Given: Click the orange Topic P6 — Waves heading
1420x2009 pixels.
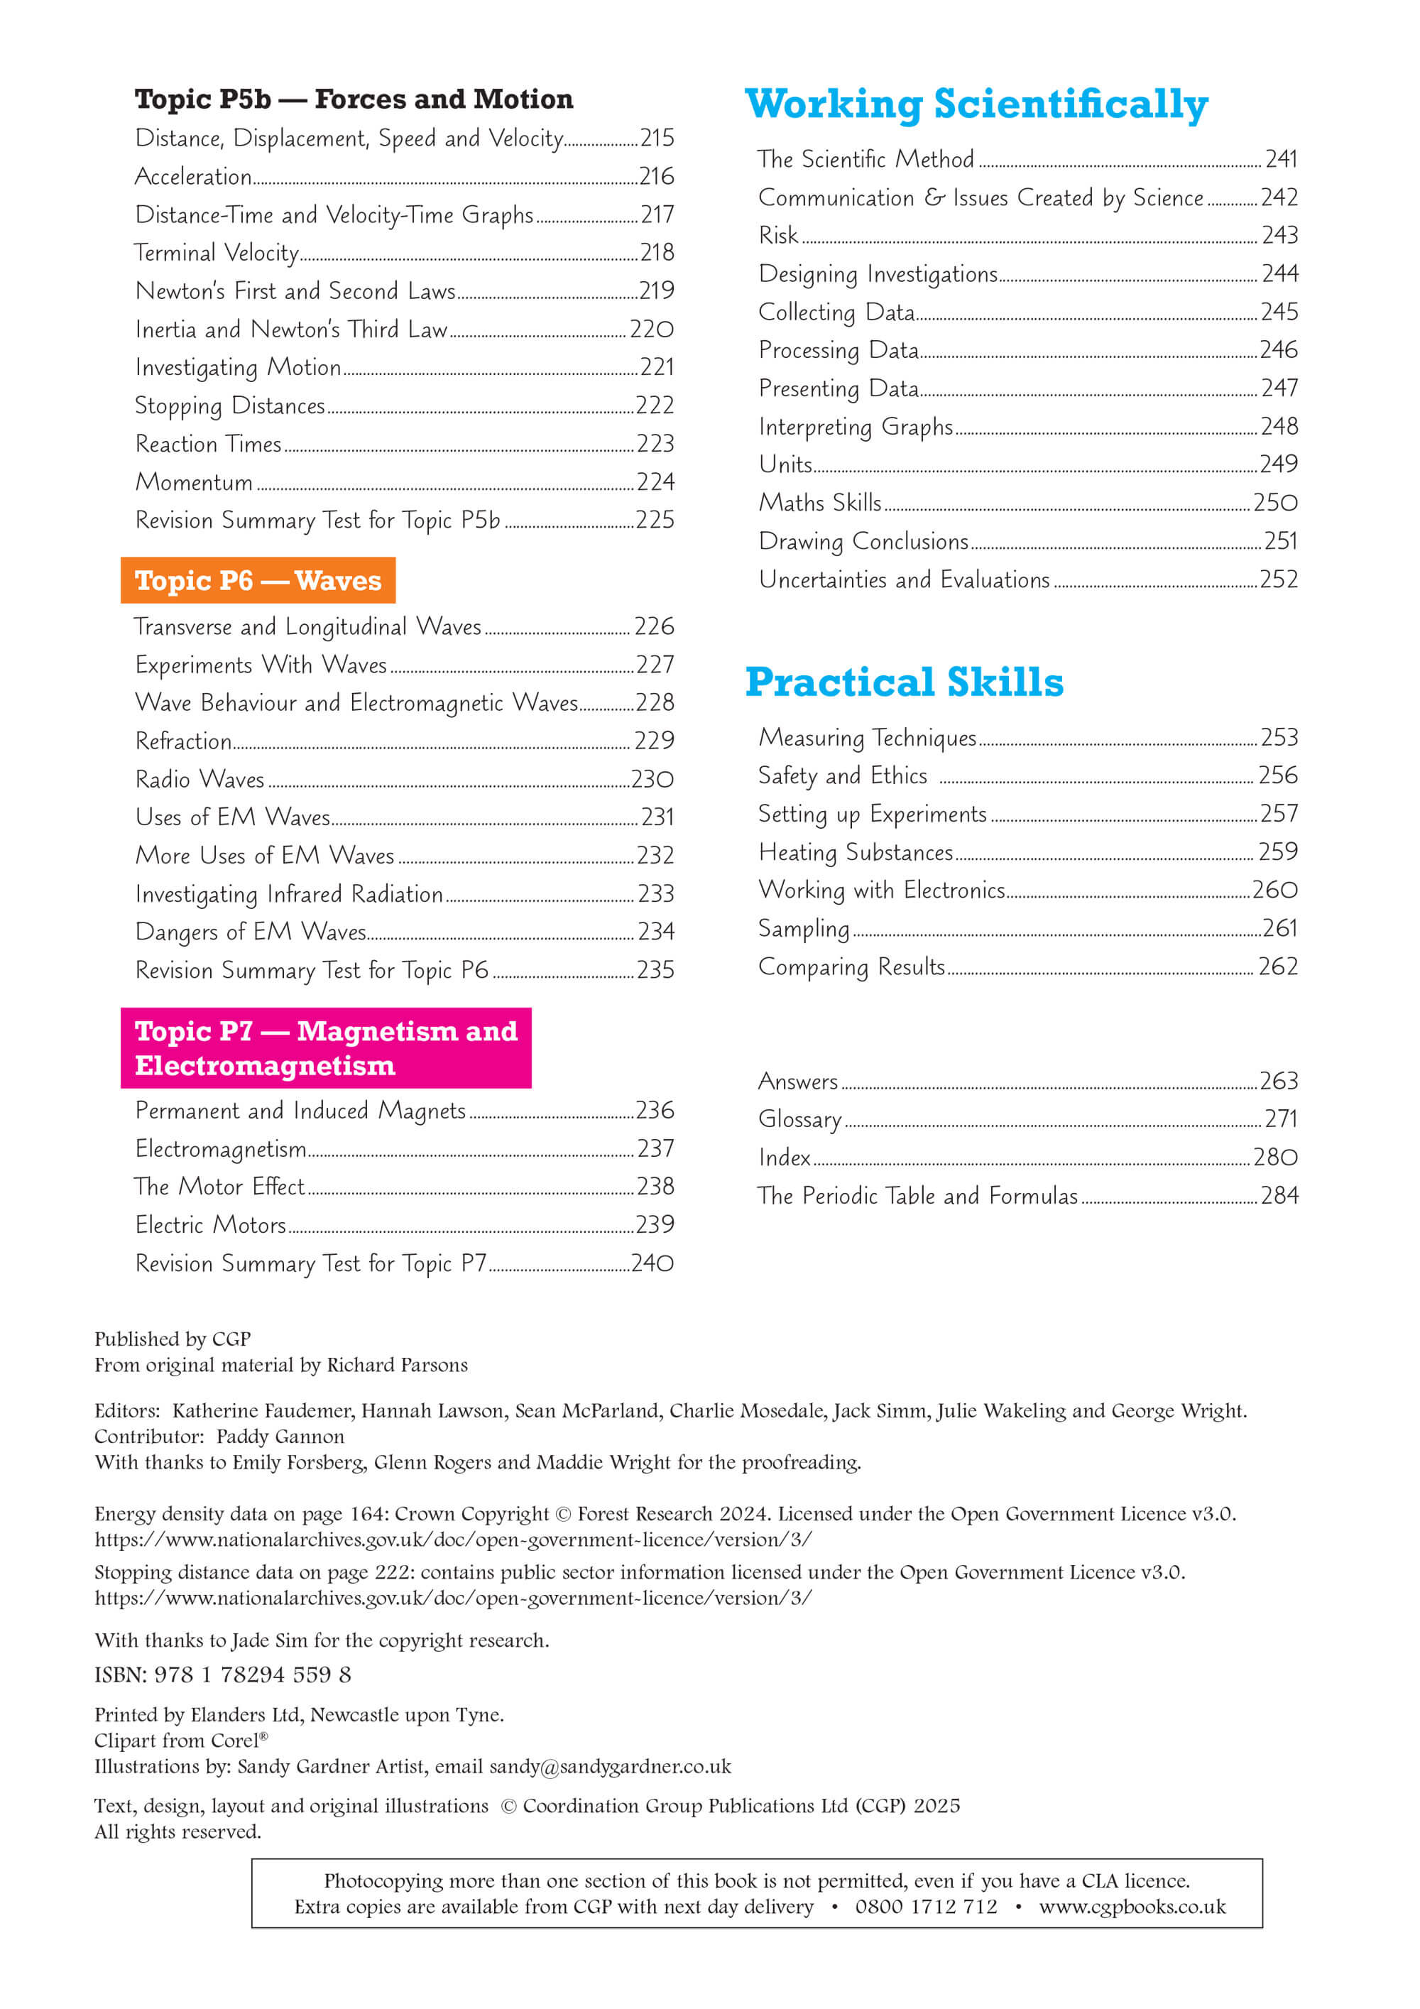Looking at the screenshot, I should point(258,580).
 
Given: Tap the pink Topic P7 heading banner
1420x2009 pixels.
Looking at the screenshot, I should point(325,1047).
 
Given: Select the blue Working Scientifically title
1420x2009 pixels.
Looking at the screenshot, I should point(976,104).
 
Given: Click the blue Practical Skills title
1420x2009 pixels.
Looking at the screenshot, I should point(904,682).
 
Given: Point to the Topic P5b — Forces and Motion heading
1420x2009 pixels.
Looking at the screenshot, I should point(354,99).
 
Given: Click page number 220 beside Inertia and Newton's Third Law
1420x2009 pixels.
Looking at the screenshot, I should point(652,329).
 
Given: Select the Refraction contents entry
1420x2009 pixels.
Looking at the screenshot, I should point(183,741).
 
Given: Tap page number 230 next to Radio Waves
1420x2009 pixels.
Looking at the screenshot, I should point(652,779).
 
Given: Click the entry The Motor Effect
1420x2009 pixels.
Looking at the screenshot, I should point(219,1187).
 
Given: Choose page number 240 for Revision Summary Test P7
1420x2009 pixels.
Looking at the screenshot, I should point(652,1263).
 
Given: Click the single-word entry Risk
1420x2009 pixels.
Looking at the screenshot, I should point(778,235).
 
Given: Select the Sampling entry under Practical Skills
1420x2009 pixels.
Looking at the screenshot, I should point(803,928).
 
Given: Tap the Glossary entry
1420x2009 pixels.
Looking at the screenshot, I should point(799,1119).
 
